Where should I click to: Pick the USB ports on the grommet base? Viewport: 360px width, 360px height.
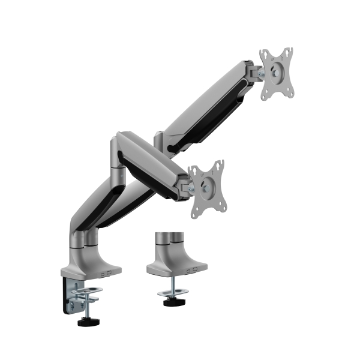(x=194, y=271)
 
